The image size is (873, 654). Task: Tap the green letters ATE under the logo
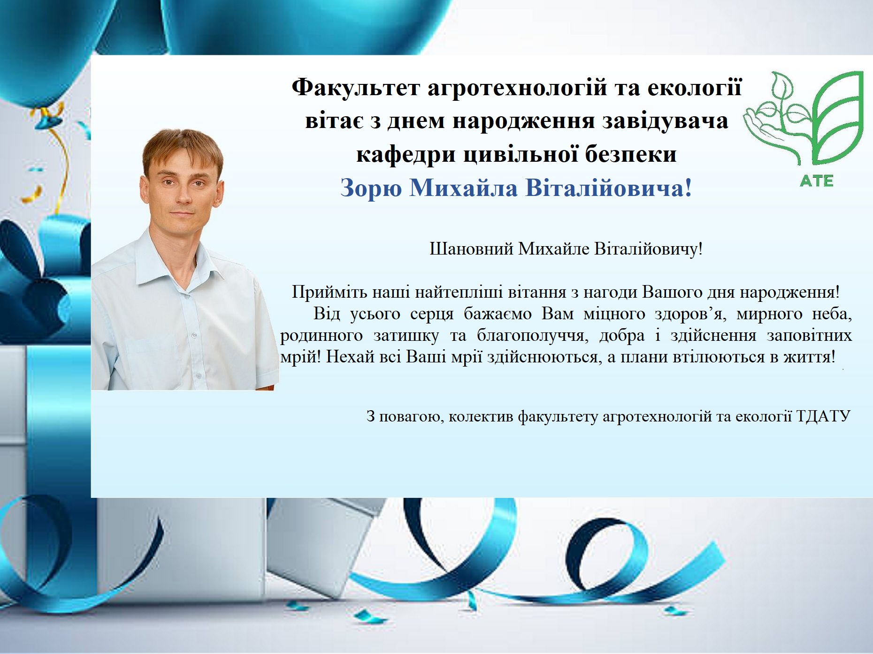[817, 181]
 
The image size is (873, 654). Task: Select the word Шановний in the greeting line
[471, 249]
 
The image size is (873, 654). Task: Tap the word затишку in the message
[406, 336]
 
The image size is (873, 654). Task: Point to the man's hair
[183, 145]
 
